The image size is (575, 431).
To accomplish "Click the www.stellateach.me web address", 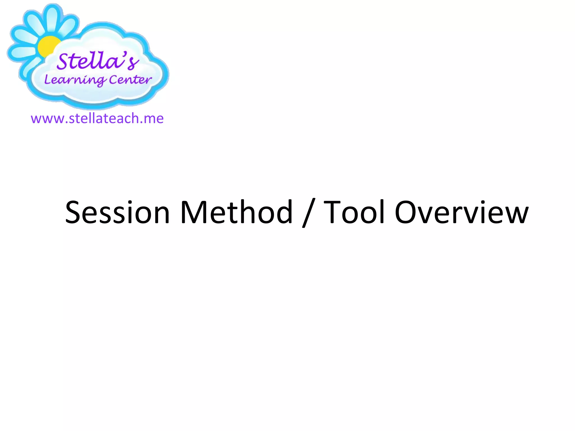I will [x=97, y=118].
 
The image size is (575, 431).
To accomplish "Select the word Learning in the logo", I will [x=75, y=80].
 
